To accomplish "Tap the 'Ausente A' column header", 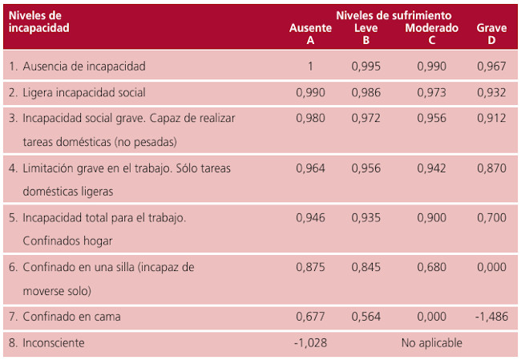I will pos(310,34).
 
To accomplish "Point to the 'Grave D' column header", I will pos(491,34).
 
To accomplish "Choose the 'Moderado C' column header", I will pos(432,34).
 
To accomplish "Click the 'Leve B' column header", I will pos(366,34).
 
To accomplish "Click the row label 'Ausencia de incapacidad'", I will pos(84,66).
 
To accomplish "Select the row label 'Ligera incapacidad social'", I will pos(83,92).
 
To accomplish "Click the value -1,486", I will pos(491,317).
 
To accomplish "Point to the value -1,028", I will pos(310,343).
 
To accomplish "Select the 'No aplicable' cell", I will pos(432,343).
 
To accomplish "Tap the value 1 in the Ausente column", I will pos(310,66).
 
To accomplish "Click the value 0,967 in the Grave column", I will pos(491,66).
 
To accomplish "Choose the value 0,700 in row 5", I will pos(491,217).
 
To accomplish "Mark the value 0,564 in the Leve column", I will pos(366,317).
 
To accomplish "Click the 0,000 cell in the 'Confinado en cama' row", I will pos(432,317).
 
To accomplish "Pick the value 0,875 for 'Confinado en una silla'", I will pos(310,267).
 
